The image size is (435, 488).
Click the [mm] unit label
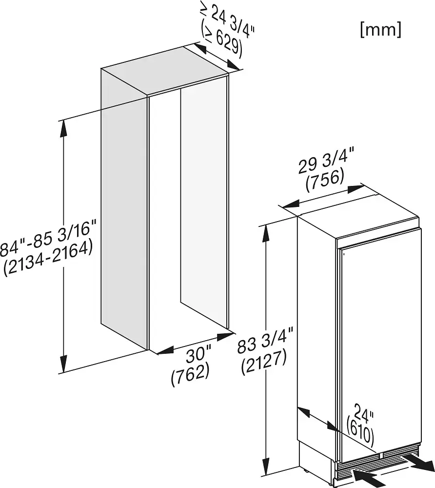point(380,30)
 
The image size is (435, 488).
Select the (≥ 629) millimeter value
point(221,41)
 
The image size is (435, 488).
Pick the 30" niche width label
point(198,356)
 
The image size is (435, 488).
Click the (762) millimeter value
point(190,375)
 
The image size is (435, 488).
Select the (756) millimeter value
point(325,181)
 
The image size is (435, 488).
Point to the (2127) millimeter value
point(264,363)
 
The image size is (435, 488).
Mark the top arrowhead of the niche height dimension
point(64,128)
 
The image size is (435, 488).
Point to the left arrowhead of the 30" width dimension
point(165,350)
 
